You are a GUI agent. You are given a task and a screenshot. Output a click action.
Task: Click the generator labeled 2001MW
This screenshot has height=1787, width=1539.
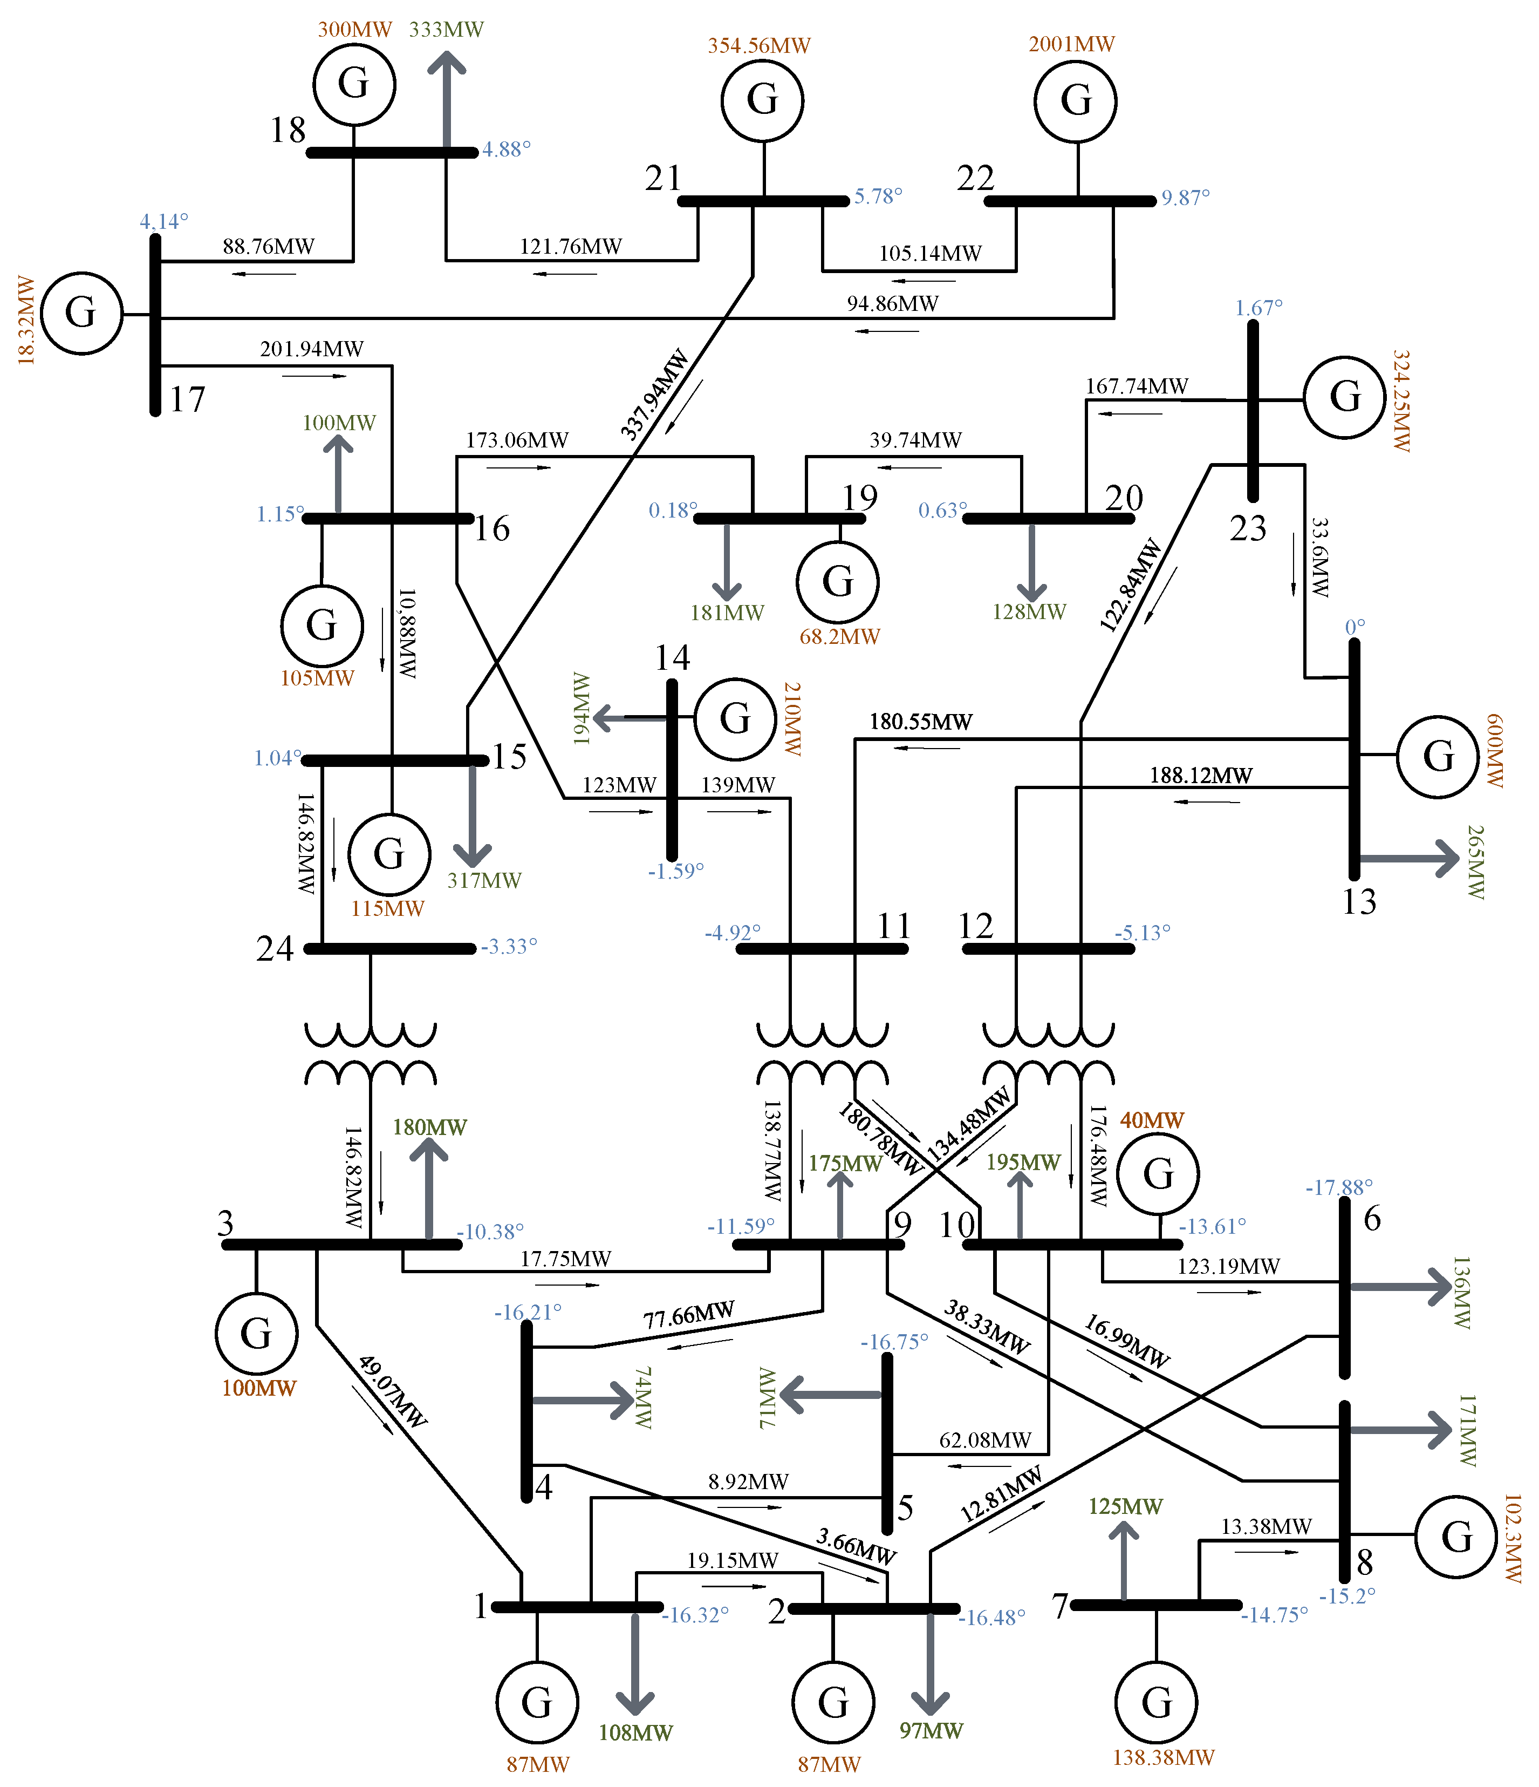(1075, 100)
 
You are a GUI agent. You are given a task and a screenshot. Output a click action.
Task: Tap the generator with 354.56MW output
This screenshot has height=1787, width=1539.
(762, 100)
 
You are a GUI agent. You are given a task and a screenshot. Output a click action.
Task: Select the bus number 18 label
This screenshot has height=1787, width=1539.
(288, 130)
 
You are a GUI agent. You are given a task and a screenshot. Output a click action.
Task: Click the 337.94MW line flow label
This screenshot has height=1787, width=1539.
(654, 395)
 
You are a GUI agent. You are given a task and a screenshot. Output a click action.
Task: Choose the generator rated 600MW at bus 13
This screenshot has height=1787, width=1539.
(1437, 756)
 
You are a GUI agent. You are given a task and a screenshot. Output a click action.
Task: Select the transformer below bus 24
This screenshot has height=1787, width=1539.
(371, 1053)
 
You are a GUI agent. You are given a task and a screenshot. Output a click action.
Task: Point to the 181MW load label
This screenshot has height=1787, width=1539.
(727, 613)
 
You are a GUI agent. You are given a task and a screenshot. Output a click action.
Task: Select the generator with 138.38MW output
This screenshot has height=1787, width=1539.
(1156, 1702)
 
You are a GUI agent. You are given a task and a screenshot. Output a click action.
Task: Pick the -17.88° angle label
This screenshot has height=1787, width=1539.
(1338, 1187)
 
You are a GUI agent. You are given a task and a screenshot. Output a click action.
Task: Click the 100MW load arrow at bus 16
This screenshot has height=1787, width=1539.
(338, 473)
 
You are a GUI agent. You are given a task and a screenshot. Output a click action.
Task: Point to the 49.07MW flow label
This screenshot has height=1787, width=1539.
(392, 1392)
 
